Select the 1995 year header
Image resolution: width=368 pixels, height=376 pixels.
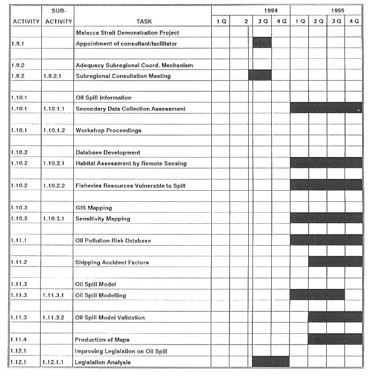(x=337, y=11)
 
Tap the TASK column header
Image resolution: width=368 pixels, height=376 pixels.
(x=144, y=21)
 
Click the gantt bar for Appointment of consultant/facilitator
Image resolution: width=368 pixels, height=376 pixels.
(x=262, y=43)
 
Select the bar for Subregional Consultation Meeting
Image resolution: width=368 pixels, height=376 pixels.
(x=260, y=76)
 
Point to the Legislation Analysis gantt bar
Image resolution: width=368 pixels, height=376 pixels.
(x=271, y=362)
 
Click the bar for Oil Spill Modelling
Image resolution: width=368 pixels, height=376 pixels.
(x=317, y=295)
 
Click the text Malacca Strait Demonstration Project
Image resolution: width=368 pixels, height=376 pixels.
(x=127, y=33)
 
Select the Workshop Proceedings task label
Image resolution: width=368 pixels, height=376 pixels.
(x=109, y=130)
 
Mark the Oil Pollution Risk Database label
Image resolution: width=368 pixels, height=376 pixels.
(x=113, y=240)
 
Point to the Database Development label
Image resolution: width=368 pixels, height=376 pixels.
(x=108, y=152)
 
